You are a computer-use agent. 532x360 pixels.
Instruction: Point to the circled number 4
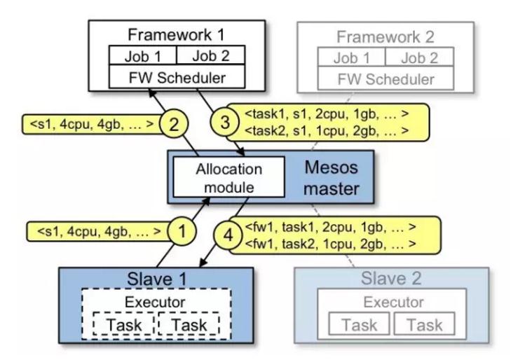click(224, 235)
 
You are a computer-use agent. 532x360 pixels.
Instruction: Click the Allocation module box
click(228, 178)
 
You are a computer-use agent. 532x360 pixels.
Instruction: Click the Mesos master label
click(332, 178)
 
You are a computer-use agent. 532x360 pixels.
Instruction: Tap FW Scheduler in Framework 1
click(177, 77)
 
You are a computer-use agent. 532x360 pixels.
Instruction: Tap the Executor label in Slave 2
click(393, 302)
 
